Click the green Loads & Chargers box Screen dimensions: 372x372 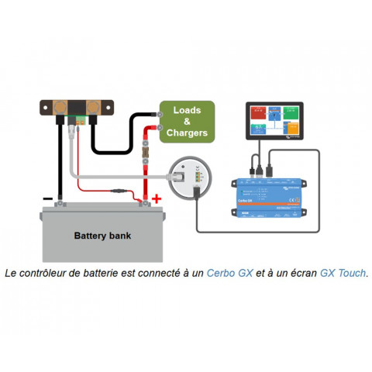pos(187,122)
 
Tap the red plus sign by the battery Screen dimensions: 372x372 pos(157,199)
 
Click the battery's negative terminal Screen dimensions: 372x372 pos(60,204)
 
